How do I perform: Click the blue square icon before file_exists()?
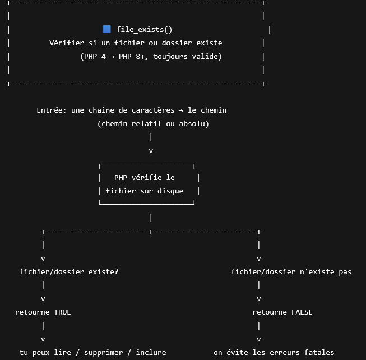click(x=107, y=29)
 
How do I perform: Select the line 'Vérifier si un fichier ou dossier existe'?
click(x=136, y=43)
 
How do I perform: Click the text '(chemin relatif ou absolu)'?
click(x=153, y=123)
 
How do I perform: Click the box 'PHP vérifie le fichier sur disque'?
click(x=149, y=184)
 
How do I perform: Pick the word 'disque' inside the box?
click(x=170, y=191)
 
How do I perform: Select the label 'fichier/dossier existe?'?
click(x=69, y=271)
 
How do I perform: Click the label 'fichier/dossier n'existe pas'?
click(x=291, y=271)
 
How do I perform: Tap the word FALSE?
click(x=300, y=312)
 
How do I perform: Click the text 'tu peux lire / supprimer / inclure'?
click(x=92, y=352)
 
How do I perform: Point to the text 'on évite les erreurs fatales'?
click(x=274, y=352)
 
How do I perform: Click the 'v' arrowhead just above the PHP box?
click(x=151, y=150)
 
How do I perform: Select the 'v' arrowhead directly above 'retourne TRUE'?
click(x=43, y=298)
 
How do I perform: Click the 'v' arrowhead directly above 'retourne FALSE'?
click(x=259, y=298)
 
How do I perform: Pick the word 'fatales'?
click(x=319, y=352)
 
